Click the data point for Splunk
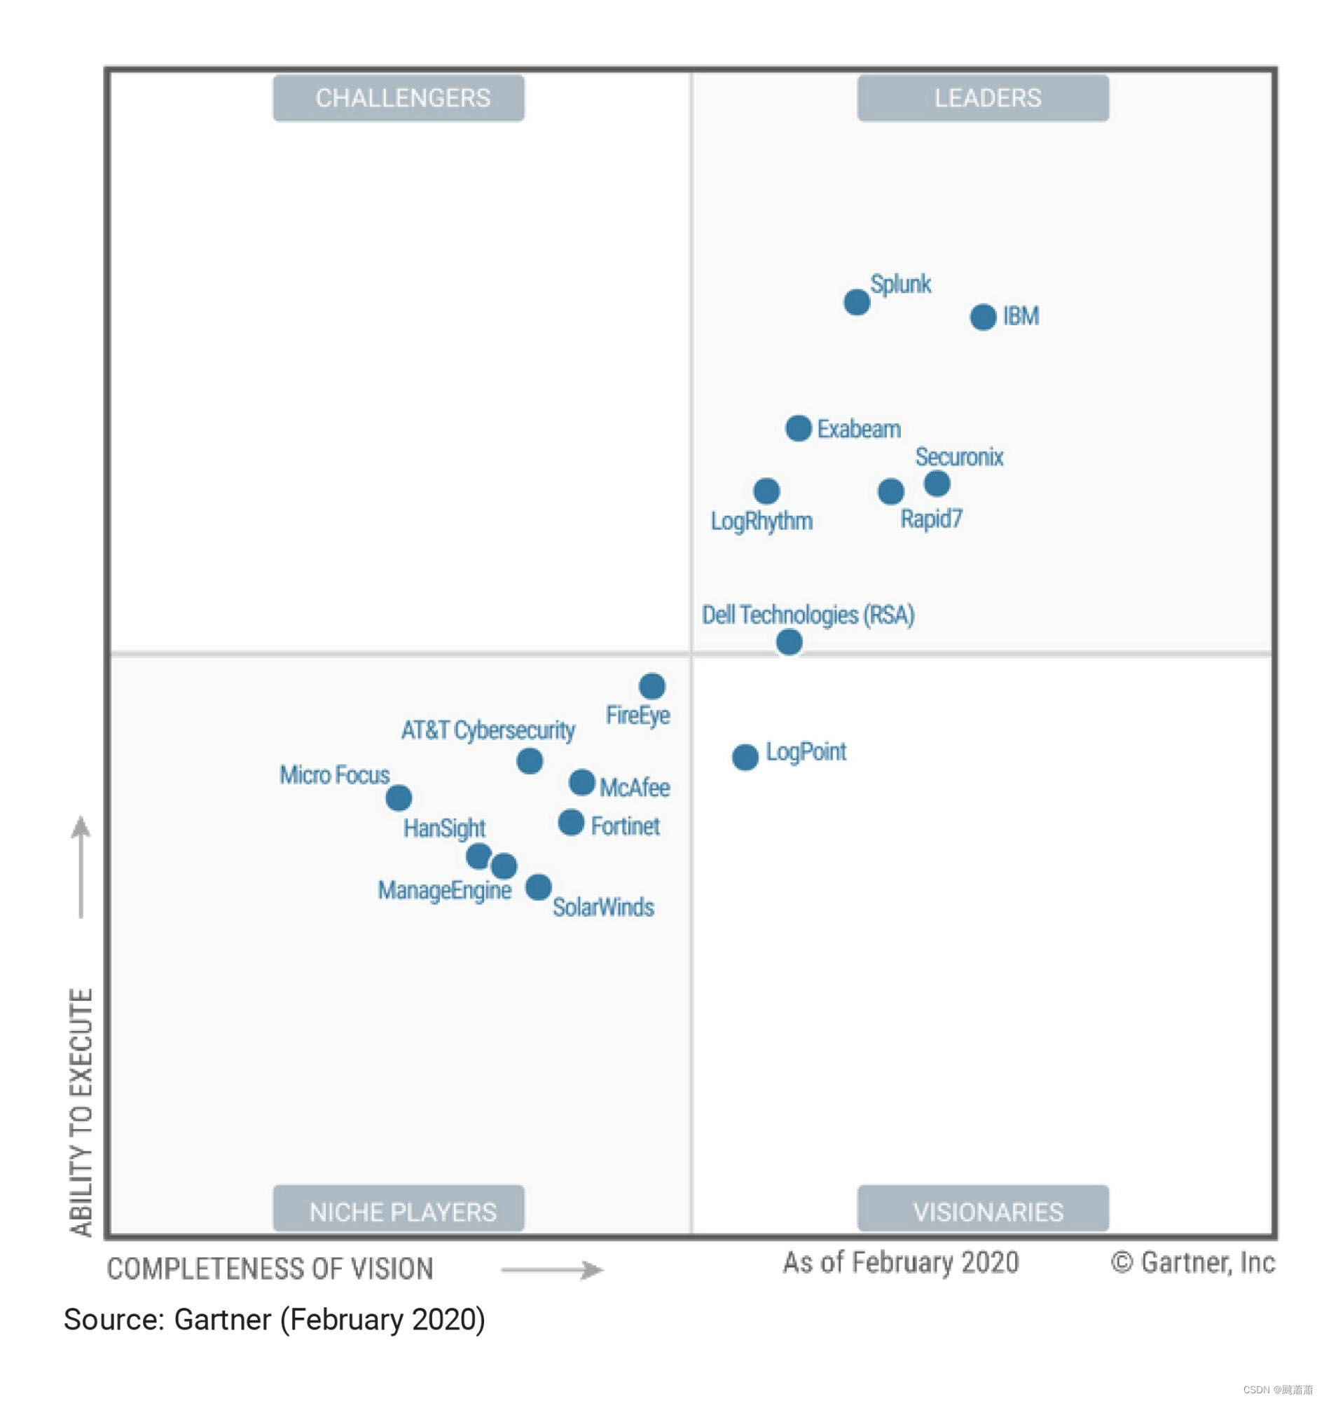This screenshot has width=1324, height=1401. (x=856, y=302)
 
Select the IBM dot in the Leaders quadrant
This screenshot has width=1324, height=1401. (x=982, y=317)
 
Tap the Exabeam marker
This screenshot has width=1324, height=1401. (x=798, y=428)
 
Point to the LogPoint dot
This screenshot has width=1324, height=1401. (x=745, y=757)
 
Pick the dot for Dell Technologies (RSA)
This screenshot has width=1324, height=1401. (x=788, y=642)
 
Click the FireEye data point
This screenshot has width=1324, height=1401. (x=651, y=685)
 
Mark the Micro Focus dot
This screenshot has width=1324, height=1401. (x=398, y=798)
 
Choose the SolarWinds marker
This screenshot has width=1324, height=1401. (x=538, y=887)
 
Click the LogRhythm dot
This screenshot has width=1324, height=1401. (x=766, y=491)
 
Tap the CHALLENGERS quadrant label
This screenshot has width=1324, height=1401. (x=399, y=98)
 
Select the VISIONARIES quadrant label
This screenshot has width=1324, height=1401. (x=983, y=1212)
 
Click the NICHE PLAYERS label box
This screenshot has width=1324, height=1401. (x=399, y=1212)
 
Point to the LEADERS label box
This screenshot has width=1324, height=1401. (x=983, y=98)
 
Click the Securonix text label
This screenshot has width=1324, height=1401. (x=959, y=458)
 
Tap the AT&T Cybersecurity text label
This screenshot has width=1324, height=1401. (x=488, y=730)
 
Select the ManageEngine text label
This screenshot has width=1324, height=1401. (x=444, y=891)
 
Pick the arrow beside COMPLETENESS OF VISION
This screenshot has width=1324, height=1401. (x=552, y=1271)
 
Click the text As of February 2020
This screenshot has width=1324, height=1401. (x=901, y=1263)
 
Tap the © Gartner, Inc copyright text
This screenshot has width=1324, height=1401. (x=1193, y=1263)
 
